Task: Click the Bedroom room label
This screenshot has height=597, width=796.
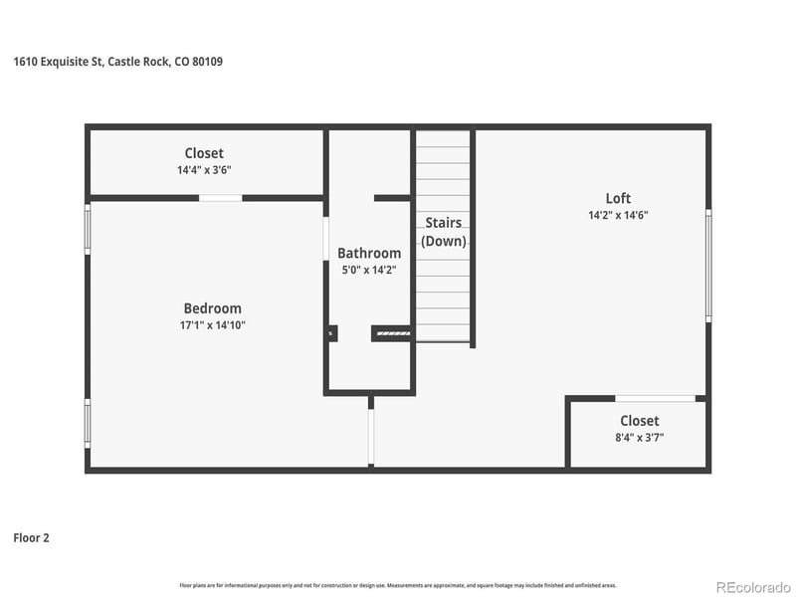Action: pyautogui.click(x=212, y=308)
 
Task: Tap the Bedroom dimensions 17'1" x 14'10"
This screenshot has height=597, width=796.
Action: pyautogui.click(x=212, y=325)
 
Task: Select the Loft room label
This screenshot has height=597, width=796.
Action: pyautogui.click(x=618, y=198)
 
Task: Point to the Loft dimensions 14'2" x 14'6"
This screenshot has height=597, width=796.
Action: pyautogui.click(x=618, y=215)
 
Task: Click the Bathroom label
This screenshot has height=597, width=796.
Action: pyautogui.click(x=369, y=254)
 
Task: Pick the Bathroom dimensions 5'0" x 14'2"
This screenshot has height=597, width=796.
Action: pyautogui.click(x=369, y=270)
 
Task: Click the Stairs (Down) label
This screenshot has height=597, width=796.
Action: pyautogui.click(x=443, y=232)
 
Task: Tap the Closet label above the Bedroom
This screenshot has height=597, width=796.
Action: pyautogui.click(x=204, y=153)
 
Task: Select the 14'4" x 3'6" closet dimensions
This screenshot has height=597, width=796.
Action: pyautogui.click(x=204, y=170)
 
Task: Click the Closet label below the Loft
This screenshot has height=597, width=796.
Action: pyautogui.click(x=639, y=421)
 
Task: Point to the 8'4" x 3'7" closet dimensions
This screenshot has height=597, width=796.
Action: pyautogui.click(x=639, y=438)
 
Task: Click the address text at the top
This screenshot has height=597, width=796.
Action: pyautogui.click(x=117, y=62)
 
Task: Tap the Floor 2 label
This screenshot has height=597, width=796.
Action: pyautogui.click(x=31, y=538)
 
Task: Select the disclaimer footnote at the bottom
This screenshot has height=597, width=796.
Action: pyautogui.click(x=398, y=585)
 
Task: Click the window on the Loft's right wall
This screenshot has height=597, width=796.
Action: pyautogui.click(x=708, y=265)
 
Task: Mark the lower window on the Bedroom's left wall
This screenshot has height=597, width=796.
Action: pyautogui.click(x=88, y=423)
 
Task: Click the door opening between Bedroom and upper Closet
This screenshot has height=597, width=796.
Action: pyautogui.click(x=220, y=198)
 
